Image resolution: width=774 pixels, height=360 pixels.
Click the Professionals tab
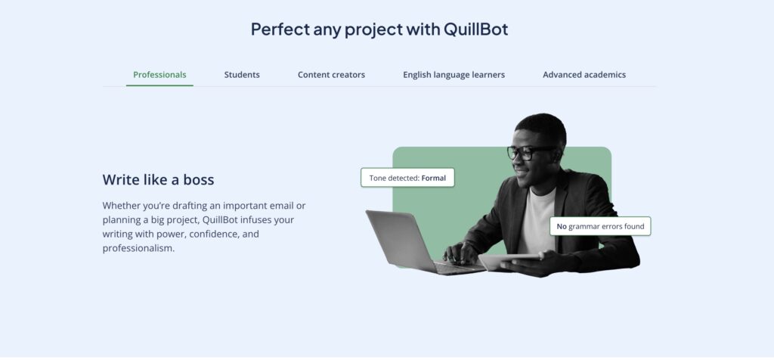tap(159, 75)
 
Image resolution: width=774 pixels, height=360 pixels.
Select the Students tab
tap(242, 75)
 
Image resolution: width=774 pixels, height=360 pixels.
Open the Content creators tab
tap(331, 75)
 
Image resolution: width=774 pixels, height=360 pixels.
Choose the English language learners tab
tap(454, 75)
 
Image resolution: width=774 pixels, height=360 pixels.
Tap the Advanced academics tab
tap(584, 75)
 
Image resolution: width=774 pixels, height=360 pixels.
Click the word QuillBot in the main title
tap(476, 29)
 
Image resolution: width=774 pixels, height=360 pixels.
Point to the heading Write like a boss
tap(158, 179)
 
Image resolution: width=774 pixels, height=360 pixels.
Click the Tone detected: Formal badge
tap(407, 178)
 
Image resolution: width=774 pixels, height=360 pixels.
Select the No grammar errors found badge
tap(600, 226)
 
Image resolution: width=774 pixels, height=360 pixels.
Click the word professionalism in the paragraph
tap(138, 248)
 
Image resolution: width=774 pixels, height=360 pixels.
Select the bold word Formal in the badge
tap(433, 178)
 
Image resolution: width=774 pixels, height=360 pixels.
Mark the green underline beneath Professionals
tap(159, 85)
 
